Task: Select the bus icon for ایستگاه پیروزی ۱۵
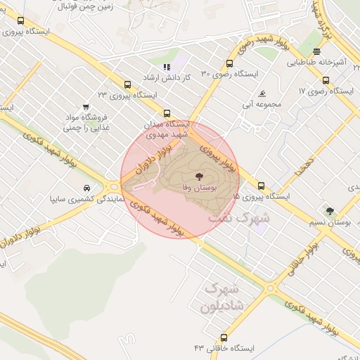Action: [262, 186]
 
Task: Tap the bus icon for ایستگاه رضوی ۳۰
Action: [230, 63]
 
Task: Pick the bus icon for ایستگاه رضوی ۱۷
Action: [326, 80]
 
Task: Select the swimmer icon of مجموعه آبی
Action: [262, 94]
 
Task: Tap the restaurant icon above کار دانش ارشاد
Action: [167, 67]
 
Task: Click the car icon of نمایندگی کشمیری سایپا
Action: [86, 188]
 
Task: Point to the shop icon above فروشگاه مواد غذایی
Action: [85, 107]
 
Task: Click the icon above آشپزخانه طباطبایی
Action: [317, 51]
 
